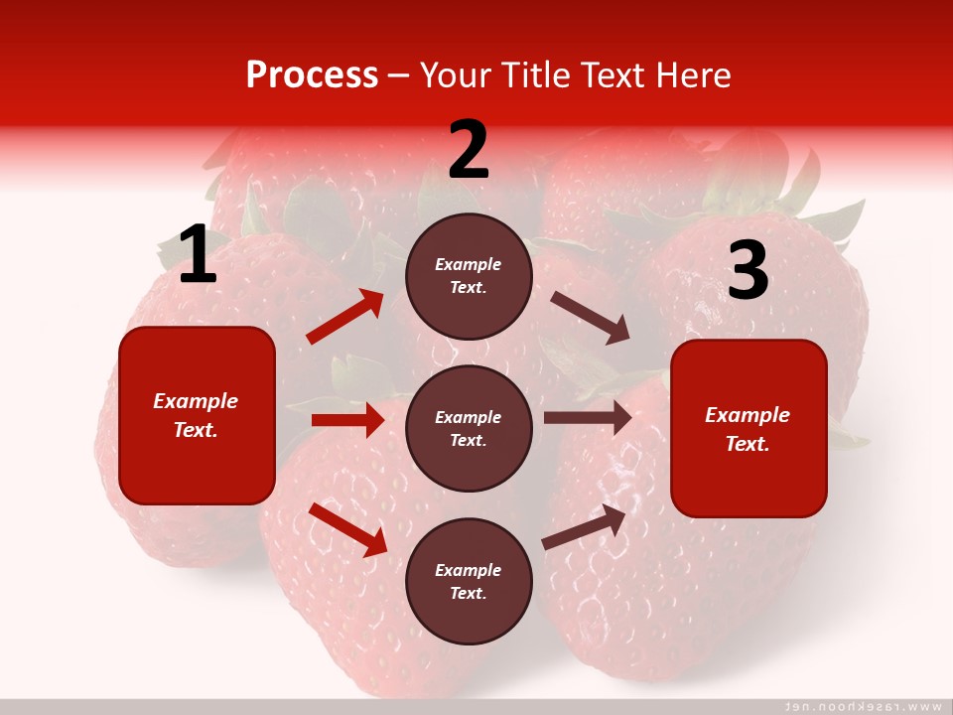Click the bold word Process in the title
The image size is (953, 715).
click(312, 75)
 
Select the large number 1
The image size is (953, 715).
click(198, 255)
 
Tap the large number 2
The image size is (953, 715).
click(469, 150)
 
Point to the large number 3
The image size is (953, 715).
click(748, 270)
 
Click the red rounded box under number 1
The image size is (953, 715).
click(197, 415)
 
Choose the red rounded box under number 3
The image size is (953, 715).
click(749, 428)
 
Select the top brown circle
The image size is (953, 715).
click(469, 276)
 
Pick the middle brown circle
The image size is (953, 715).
click(469, 428)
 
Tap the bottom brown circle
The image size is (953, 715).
click(469, 581)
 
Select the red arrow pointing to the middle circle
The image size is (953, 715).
click(347, 420)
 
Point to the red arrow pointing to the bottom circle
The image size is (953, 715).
click(348, 529)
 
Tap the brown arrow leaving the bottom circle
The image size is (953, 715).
click(584, 527)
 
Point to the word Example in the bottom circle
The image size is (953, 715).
click(469, 570)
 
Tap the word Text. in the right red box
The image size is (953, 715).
click(748, 444)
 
